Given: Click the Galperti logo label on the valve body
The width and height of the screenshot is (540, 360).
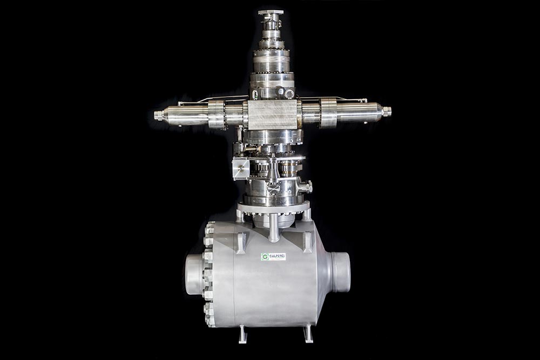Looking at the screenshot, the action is coord(273,257).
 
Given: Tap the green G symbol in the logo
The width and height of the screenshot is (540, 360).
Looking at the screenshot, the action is coord(265,257).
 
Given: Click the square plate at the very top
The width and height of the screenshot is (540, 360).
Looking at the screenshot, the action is coord(271,12).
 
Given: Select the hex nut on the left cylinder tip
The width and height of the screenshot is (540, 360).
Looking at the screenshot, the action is coord(158,115).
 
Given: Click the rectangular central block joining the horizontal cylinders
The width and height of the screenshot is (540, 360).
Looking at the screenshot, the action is coord(272,114).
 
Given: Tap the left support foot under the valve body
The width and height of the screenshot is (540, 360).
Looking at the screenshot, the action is coord(243,334).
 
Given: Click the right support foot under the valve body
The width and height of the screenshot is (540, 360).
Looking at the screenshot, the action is coord(308,334).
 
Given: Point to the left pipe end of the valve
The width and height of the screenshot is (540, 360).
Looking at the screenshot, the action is coord(194,275).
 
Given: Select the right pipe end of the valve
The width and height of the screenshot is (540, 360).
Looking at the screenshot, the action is coord(341,272).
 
